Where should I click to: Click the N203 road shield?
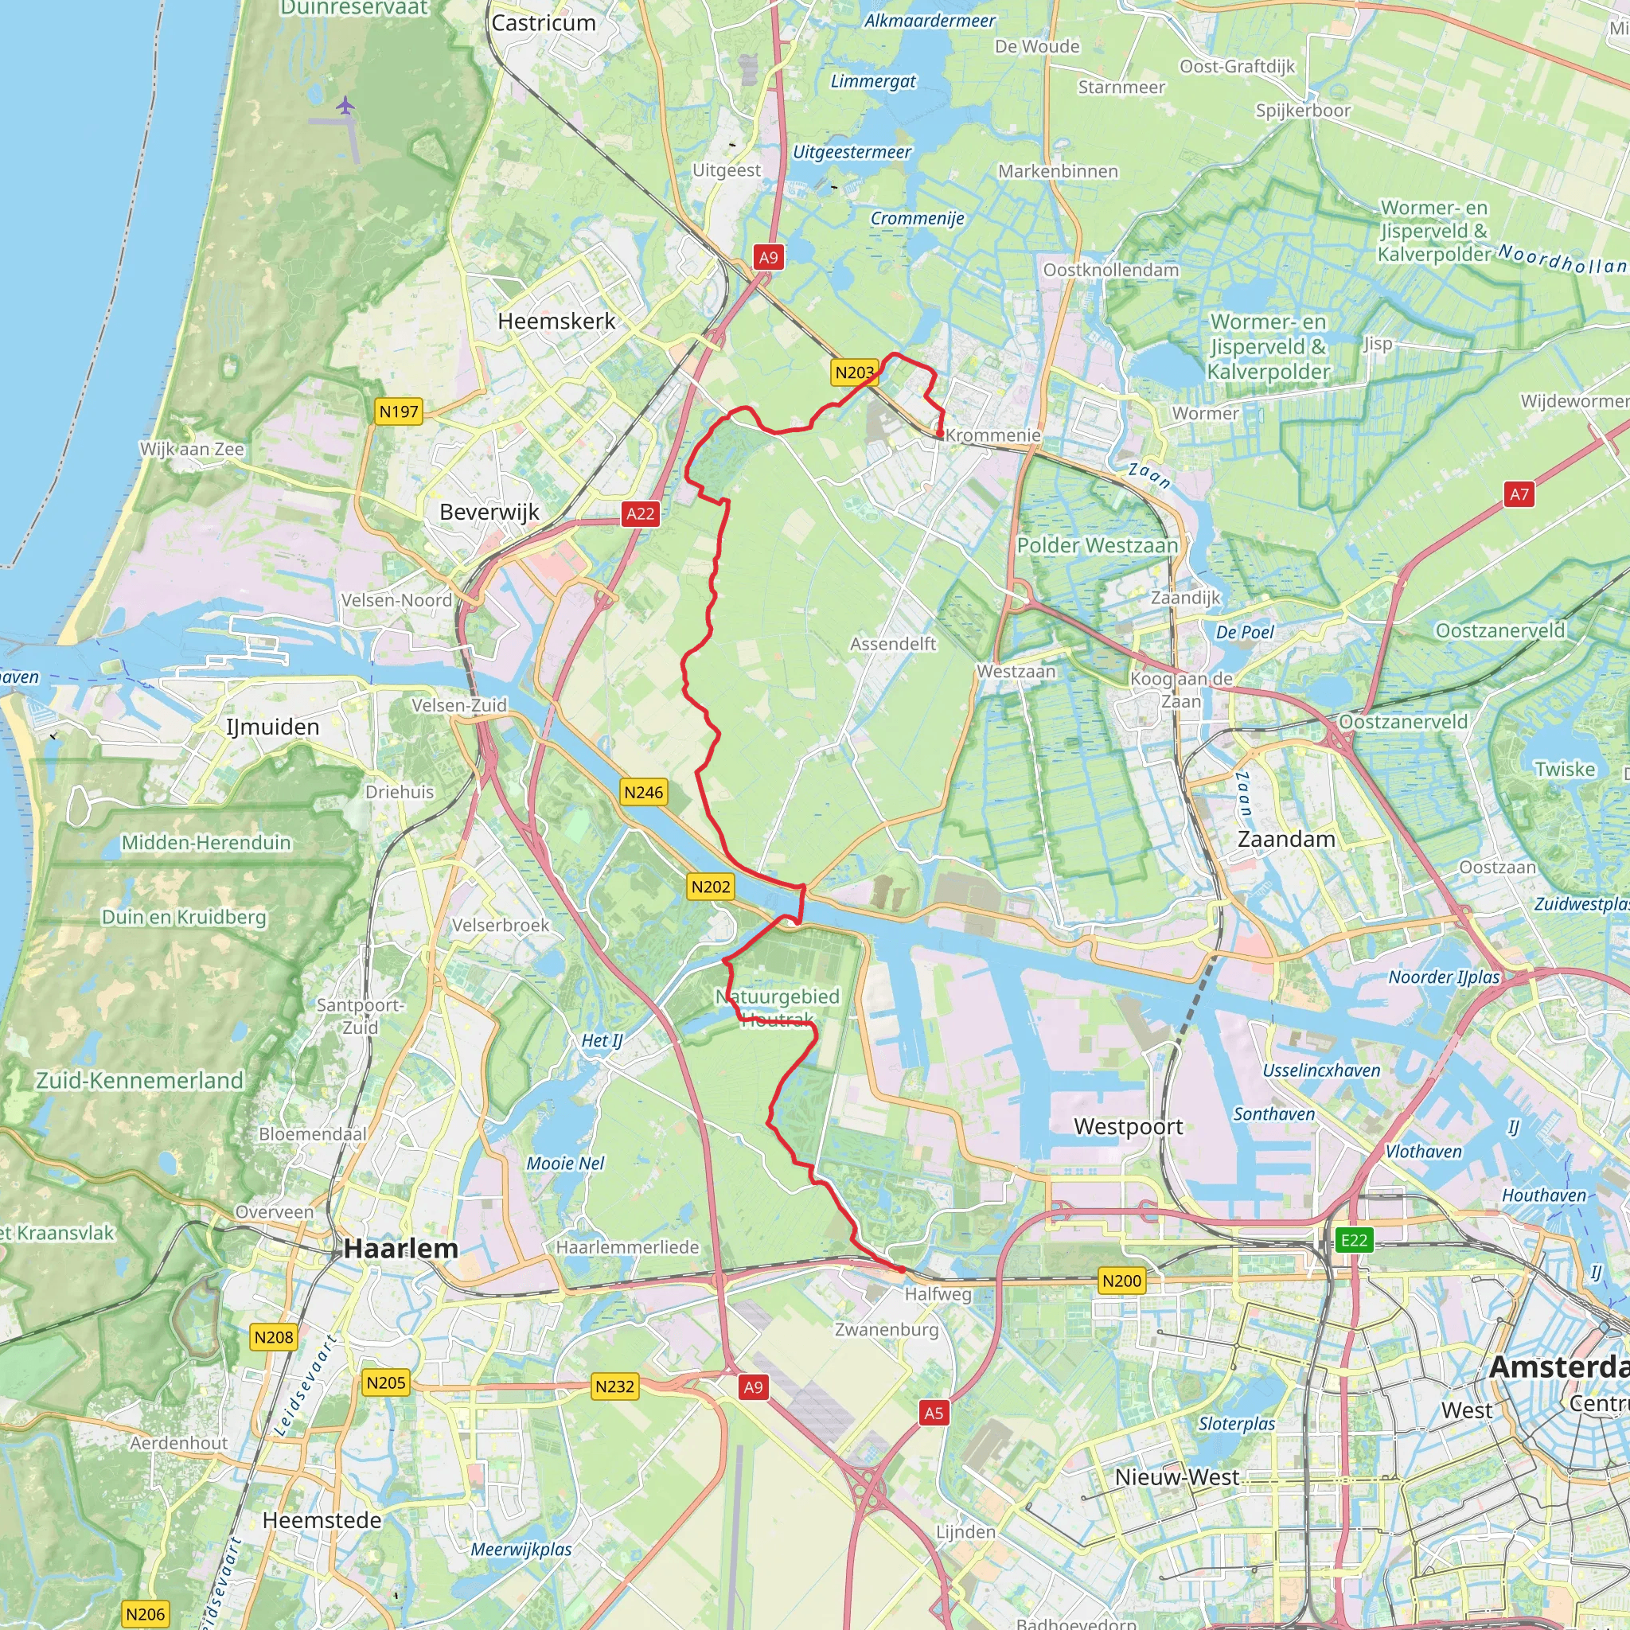point(854,372)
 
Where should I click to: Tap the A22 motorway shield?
point(641,514)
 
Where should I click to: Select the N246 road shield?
point(644,792)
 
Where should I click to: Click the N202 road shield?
point(711,887)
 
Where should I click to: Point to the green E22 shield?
point(1354,1239)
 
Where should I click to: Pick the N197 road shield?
point(398,411)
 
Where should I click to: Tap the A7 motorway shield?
point(1519,494)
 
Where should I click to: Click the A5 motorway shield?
point(933,1414)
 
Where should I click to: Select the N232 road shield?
point(614,1386)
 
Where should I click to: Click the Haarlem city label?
point(401,1249)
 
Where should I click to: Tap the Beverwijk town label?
point(489,512)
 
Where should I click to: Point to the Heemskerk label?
point(556,322)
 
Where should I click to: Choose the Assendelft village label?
point(893,644)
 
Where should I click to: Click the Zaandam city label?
point(1286,840)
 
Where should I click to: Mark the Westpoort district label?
point(1128,1126)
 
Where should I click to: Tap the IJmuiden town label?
point(272,727)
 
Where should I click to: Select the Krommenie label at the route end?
point(993,435)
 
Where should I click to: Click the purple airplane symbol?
point(345,106)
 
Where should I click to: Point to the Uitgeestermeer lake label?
point(852,153)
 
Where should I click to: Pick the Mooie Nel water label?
point(565,1164)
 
